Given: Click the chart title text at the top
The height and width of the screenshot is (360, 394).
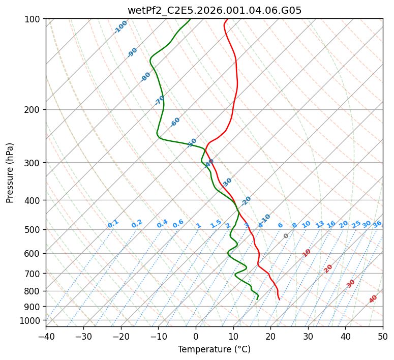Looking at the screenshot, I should point(214,10).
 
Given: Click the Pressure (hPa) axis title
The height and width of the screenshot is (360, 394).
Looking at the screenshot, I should point(10,172).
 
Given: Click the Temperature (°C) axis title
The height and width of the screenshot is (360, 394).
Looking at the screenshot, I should point(214,349).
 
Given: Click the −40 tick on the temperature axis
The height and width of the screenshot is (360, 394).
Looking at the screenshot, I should point(46,337).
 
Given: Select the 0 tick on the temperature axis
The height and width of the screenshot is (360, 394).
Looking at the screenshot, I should point(196,337).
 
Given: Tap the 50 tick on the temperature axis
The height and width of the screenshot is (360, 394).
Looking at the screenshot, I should point(383,337).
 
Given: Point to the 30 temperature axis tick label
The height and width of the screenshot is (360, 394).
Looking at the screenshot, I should point(308,337).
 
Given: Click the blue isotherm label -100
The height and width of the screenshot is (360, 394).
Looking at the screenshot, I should point(121,27).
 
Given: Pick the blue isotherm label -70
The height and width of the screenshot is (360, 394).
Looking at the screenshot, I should point(160,100).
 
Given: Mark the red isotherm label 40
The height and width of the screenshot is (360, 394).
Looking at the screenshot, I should point(373,299).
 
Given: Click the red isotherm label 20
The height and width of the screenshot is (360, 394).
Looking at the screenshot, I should point(328,268).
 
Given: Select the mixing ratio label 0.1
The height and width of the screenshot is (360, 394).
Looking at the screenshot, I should point(113,223).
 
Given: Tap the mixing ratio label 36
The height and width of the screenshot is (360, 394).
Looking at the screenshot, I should point(377,224).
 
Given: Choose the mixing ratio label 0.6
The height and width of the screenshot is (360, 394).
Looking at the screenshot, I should point(178,224).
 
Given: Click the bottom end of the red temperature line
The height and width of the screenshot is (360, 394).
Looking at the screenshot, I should point(279,299).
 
